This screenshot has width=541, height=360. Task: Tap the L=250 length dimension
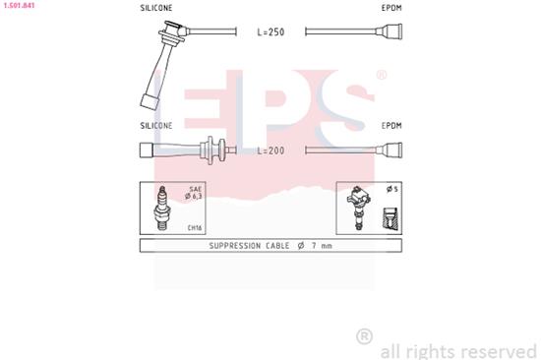[270, 32]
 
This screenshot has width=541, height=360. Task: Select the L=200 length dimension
[270, 150]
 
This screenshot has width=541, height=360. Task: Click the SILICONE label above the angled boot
[156, 8]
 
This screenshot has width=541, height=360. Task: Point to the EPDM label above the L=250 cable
[391, 8]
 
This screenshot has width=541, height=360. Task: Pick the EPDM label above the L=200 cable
[391, 126]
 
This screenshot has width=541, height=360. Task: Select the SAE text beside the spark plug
[195, 188]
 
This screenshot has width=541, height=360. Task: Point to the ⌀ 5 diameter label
[391, 189]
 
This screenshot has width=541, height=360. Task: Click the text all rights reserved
[457, 350]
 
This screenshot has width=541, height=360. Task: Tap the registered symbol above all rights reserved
[364, 335]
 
